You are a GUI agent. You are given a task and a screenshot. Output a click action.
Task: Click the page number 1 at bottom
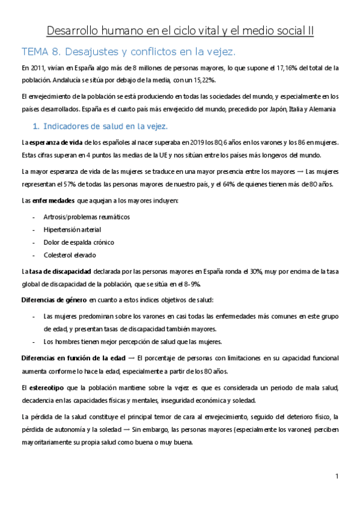point(337,477)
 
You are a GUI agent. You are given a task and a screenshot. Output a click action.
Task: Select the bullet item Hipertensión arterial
point(72,229)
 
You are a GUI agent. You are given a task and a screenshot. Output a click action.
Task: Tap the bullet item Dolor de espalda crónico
point(78,242)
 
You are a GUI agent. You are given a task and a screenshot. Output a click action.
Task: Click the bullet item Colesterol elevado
point(70,256)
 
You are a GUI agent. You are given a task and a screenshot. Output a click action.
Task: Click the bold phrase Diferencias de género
point(54,300)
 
